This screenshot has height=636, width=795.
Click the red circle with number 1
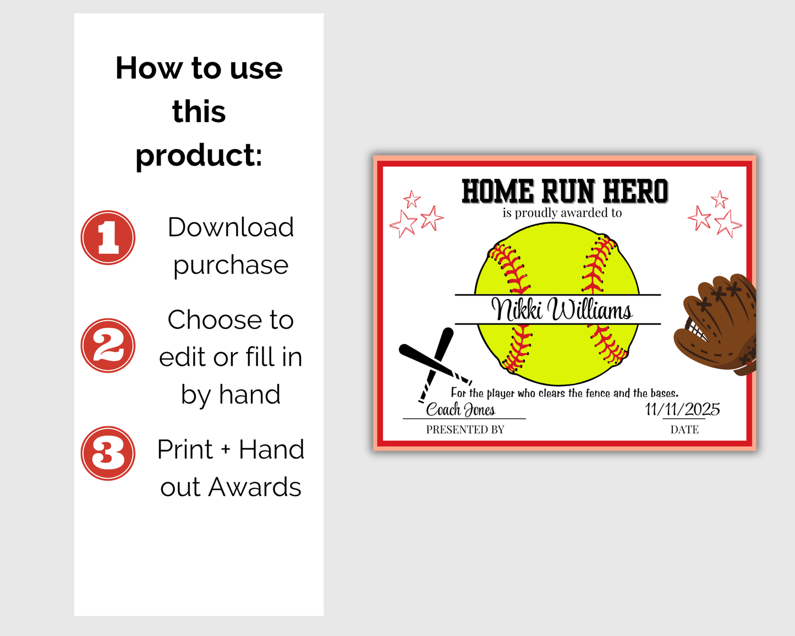point(108,238)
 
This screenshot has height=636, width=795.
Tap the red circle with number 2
point(108,346)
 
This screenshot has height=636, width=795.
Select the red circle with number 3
point(108,453)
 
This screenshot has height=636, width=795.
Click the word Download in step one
point(231,227)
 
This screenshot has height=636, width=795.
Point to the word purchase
point(231,265)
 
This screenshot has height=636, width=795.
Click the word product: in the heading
point(199,155)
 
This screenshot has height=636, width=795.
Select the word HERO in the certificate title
point(635,191)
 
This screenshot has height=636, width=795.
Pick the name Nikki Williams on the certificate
point(562,310)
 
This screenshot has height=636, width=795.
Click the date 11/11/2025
point(682,409)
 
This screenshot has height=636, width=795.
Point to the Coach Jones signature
point(460,410)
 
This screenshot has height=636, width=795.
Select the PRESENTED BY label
point(465,430)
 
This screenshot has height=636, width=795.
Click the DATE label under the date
point(684,430)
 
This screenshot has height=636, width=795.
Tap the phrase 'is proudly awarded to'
point(562,213)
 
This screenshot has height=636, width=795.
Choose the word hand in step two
point(250,394)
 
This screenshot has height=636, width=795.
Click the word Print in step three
point(185,449)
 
